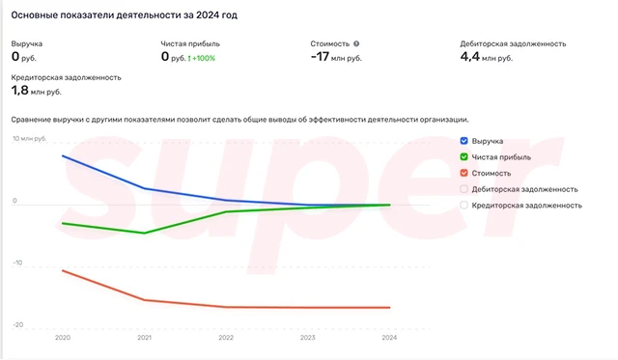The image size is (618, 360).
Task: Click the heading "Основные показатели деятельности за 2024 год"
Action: point(125,16)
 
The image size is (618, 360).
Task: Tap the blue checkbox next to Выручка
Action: point(464,141)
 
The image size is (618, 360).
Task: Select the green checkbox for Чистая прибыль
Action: point(464,156)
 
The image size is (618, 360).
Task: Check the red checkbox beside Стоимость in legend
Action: point(464,173)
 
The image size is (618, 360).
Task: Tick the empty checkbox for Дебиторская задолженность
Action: point(464,189)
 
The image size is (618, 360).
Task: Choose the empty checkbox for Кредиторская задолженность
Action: point(464,205)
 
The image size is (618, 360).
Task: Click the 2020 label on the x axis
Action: point(63,338)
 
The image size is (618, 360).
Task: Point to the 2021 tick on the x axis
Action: point(144,338)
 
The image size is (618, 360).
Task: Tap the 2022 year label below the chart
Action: point(226,338)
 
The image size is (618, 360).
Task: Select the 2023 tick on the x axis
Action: point(307,338)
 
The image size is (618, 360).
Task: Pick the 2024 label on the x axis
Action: point(388,338)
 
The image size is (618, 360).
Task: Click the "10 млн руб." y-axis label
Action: point(29,139)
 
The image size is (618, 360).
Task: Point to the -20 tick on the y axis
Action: point(16,325)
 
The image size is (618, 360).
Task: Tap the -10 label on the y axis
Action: point(16,263)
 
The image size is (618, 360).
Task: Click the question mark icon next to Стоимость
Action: point(356,43)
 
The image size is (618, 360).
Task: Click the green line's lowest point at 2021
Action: point(144,233)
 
